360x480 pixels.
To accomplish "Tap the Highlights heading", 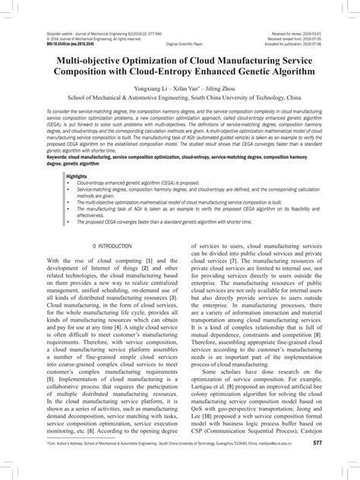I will click(77, 175).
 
